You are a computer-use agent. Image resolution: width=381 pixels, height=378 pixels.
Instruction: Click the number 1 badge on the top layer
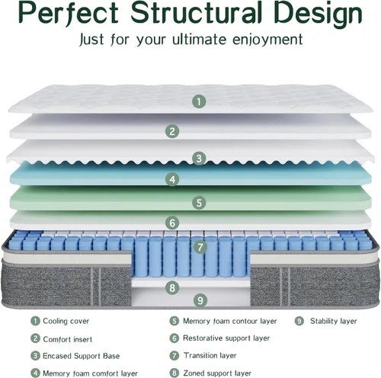click(199, 101)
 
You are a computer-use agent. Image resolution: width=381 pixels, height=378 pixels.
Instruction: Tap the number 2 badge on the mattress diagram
click(172, 131)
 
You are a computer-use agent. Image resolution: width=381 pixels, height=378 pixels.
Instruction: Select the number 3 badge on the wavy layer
click(199, 159)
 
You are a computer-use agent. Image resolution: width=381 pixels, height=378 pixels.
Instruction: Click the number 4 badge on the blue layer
click(172, 179)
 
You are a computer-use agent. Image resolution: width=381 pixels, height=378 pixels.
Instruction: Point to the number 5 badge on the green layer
click(199, 203)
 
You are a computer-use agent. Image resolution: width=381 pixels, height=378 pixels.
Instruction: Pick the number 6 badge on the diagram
click(172, 223)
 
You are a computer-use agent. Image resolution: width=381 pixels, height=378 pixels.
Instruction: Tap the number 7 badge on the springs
click(200, 247)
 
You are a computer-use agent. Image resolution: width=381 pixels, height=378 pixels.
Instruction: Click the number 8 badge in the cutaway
click(172, 288)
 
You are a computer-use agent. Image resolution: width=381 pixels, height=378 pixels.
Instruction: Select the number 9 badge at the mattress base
click(200, 300)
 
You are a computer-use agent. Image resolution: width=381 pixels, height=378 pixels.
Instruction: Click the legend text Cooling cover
click(66, 321)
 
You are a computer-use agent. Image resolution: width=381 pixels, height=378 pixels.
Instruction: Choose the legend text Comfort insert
click(68, 339)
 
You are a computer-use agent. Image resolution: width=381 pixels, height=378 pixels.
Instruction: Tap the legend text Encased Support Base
click(81, 356)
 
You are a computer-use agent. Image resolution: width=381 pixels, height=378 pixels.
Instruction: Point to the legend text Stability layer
click(333, 321)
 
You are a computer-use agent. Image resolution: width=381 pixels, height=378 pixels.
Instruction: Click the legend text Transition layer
click(210, 355)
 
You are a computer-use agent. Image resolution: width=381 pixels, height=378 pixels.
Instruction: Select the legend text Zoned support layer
click(217, 373)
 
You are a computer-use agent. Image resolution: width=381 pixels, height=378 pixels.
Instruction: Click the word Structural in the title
click(196, 13)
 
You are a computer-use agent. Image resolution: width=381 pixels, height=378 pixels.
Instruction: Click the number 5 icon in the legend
click(174, 321)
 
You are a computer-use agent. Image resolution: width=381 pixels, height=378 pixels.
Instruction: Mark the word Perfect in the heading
click(69, 13)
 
